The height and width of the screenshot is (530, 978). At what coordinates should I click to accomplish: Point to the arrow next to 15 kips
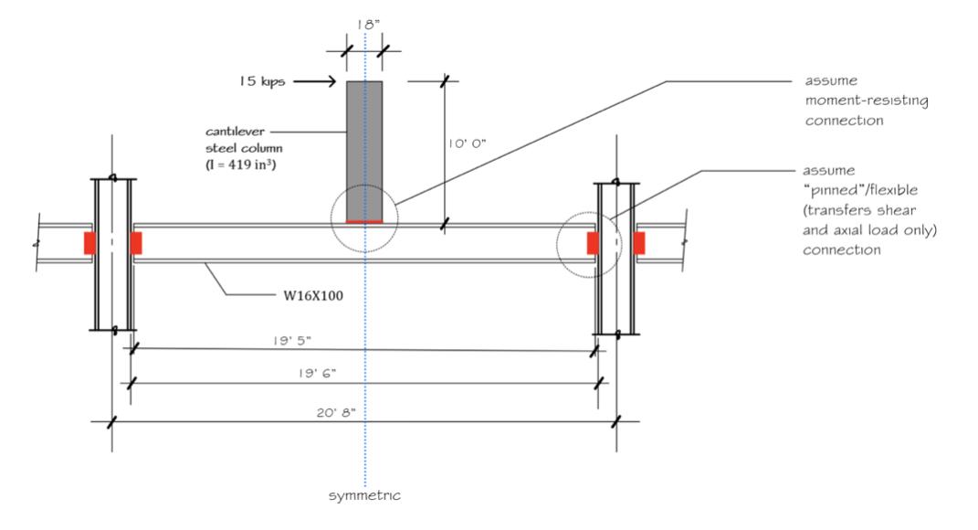click(311, 82)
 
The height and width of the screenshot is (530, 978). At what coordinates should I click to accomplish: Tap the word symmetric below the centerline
click(364, 496)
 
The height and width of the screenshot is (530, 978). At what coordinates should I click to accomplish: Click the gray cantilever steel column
click(364, 146)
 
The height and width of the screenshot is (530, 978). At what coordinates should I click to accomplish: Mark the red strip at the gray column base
click(364, 221)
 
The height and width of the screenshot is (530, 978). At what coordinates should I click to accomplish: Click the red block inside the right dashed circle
click(594, 243)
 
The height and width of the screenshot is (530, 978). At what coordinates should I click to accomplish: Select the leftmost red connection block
click(89, 243)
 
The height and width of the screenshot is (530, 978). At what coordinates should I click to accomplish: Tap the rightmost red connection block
click(639, 243)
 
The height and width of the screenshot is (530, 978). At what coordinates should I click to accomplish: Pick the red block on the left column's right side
click(136, 243)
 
